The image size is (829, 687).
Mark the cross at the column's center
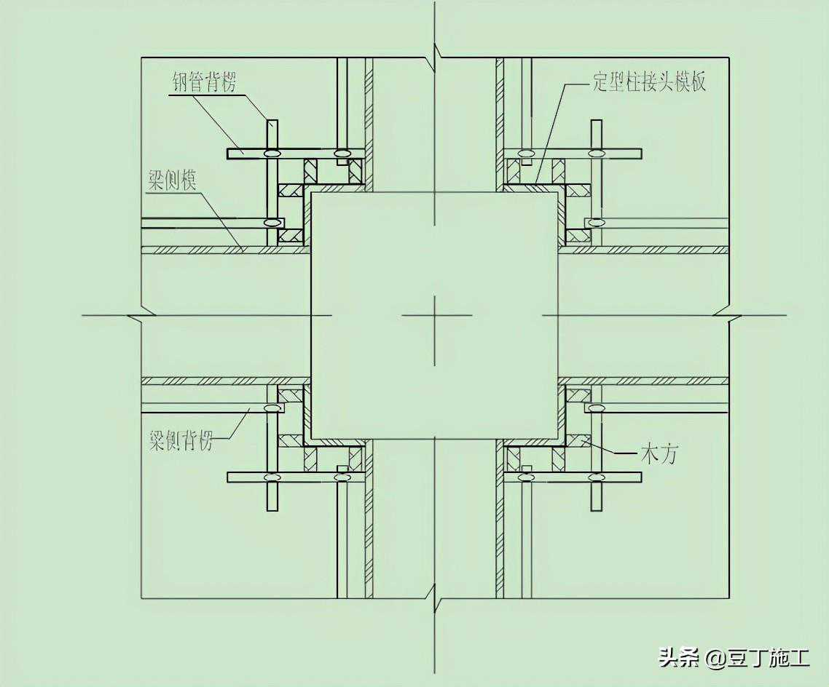click(x=435, y=316)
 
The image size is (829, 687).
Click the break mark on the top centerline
click(x=436, y=53)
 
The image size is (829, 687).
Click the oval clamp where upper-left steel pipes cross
click(x=272, y=154)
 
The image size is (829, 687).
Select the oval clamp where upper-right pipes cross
click(x=597, y=154)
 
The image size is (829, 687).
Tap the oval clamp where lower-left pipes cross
click(x=272, y=477)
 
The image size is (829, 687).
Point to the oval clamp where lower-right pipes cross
click(x=597, y=477)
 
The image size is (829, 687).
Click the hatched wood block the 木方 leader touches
click(x=578, y=440)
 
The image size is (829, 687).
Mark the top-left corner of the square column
click(x=312, y=192)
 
